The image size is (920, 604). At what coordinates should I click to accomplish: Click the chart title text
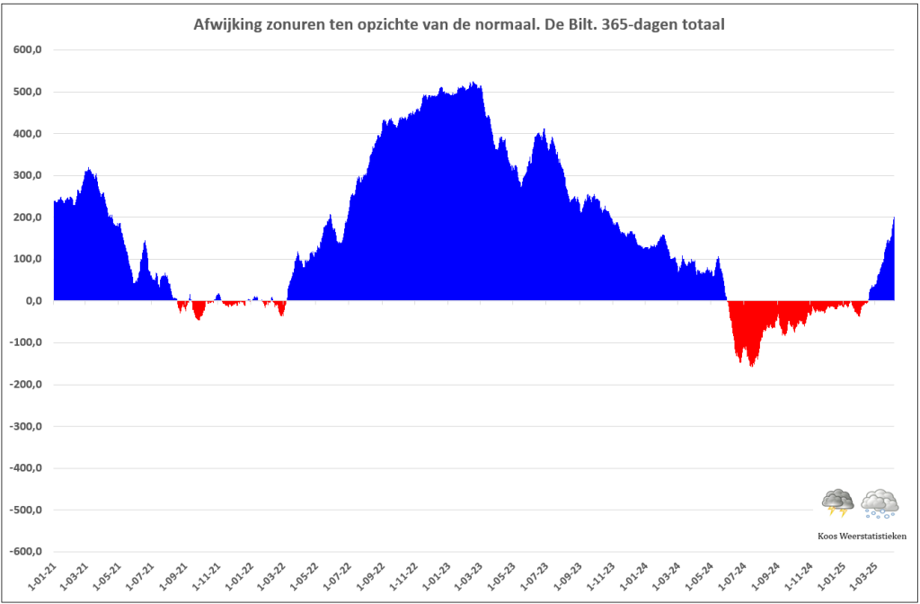click(x=459, y=24)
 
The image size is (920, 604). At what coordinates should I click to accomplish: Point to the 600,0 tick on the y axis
click(x=28, y=50)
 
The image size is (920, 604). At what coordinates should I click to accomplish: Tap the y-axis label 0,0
click(x=31, y=301)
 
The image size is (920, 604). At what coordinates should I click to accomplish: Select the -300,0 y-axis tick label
click(x=25, y=427)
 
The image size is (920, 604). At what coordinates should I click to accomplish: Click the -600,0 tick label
click(x=25, y=553)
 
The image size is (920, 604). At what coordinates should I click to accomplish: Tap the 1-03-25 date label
click(x=862, y=576)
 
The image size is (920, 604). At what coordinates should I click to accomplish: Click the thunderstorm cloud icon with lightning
click(x=837, y=503)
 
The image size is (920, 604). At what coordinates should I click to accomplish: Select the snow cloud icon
click(x=880, y=503)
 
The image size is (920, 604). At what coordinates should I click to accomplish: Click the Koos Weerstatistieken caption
click(x=862, y=536)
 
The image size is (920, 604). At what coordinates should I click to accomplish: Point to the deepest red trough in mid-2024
click(x=752, y=366)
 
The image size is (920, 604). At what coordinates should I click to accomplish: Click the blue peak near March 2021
click(x=89, y=169)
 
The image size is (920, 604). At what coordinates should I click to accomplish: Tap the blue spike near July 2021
click(x=145, y=242)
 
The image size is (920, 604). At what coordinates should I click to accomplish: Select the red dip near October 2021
click(x=199, y=319)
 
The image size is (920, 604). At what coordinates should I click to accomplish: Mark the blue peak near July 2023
click(x=544, y=130)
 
